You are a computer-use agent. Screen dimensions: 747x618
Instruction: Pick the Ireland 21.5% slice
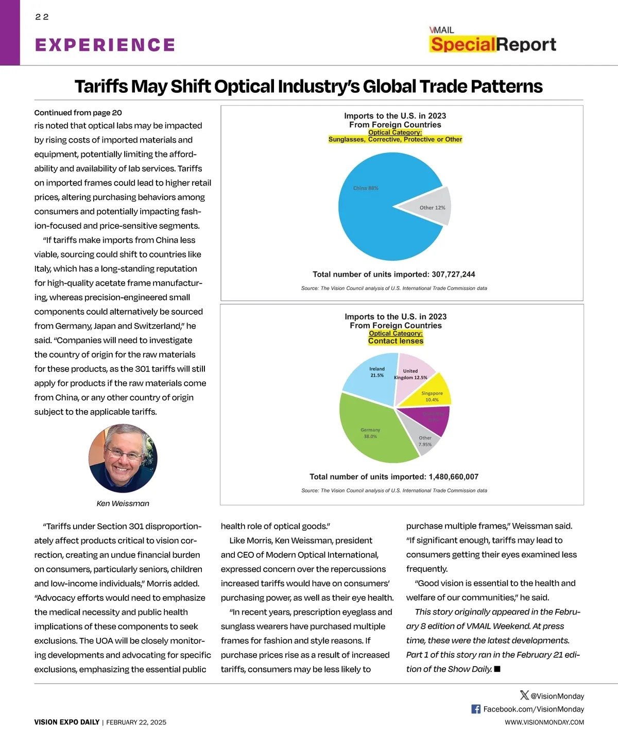coord(373,373)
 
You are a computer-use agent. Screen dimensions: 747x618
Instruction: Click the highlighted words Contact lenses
coord(396,341)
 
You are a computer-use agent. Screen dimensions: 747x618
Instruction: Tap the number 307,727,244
coord(453,275)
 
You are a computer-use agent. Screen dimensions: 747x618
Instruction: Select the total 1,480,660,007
coord(453,477)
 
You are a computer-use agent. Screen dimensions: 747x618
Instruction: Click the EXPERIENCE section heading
coord(105,45)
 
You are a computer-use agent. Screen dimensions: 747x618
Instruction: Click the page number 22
coord(42,17)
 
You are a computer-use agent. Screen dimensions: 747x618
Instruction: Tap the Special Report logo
coord(493,41)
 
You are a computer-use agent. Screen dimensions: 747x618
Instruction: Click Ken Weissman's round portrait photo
coord(123,458)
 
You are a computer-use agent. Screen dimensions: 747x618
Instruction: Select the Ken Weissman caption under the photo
coord(123,503)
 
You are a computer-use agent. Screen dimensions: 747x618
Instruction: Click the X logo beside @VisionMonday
coord(524,695)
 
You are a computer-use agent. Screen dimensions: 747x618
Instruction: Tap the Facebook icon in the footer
coord(476,709)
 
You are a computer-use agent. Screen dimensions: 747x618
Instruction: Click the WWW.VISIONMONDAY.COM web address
coord(544,722)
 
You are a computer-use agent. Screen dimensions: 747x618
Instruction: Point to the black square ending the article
coord(497,669)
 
